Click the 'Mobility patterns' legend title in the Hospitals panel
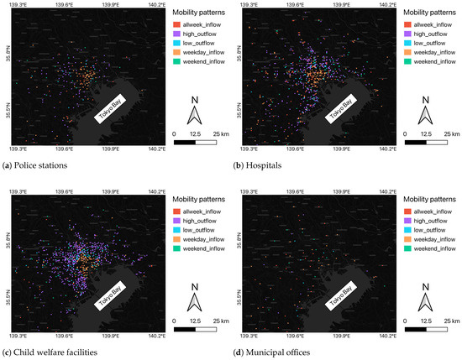pyautogui.click(x=429, y=14)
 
